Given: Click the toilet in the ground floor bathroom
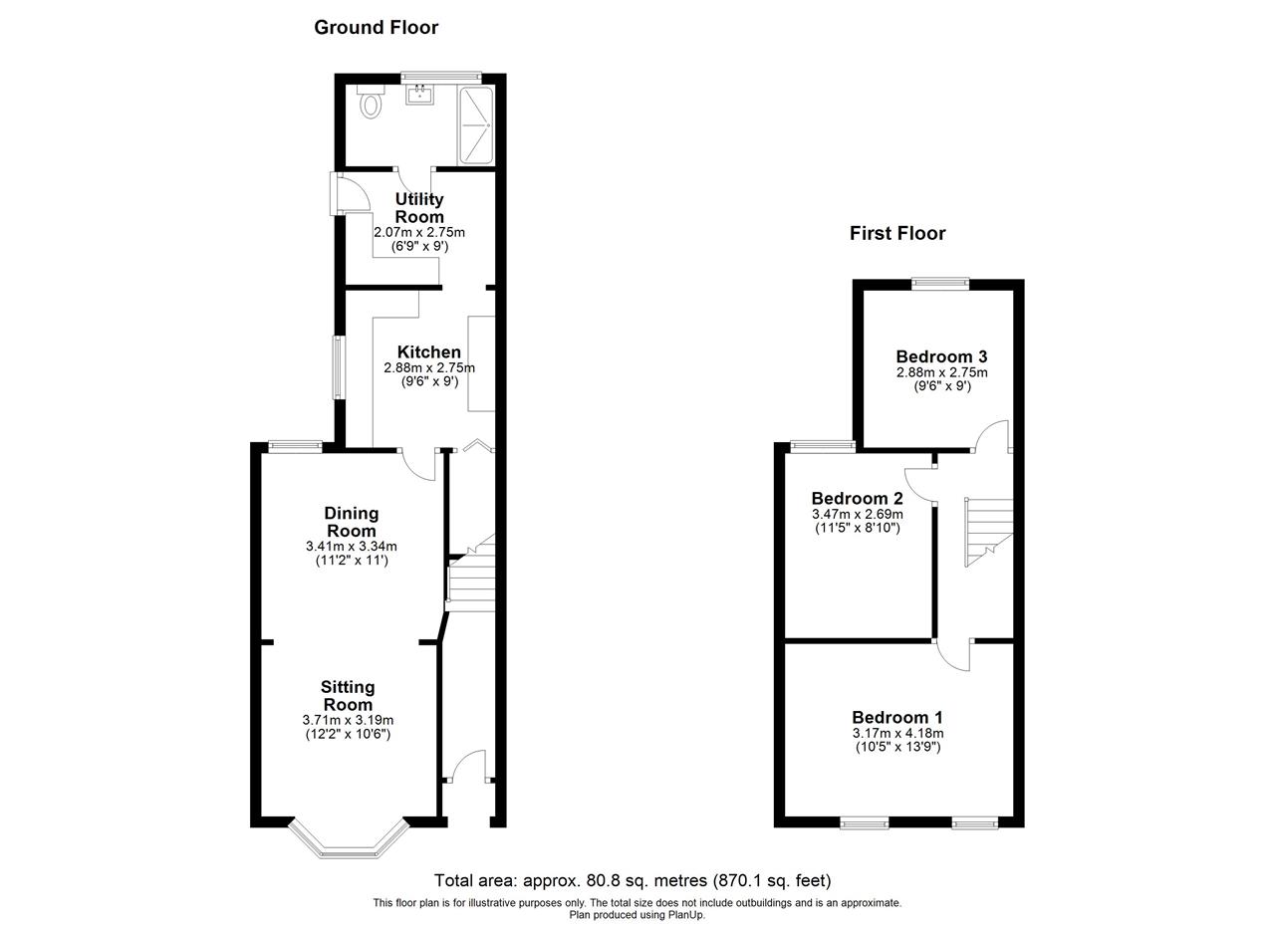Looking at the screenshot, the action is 371,102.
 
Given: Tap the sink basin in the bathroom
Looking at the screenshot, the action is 420,95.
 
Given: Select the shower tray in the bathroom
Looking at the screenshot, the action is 476,125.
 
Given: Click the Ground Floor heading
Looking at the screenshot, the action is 377,27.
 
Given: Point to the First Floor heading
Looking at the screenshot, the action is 897,233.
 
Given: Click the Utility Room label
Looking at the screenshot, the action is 419,208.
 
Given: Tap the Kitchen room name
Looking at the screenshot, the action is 428,351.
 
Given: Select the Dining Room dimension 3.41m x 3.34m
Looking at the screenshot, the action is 352,547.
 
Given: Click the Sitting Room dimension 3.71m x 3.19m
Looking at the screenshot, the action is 348,720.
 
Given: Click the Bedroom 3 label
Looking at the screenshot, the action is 941,356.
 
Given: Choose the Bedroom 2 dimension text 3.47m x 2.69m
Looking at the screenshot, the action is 858,514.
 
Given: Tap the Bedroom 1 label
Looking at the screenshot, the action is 897,717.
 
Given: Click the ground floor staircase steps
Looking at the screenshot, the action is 471,575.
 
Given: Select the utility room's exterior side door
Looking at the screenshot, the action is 350,193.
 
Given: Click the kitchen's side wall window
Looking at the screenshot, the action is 338,367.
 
